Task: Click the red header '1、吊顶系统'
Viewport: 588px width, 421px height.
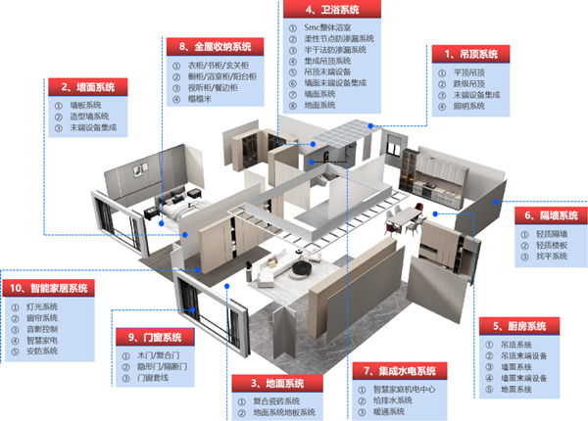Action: tap(472, 54)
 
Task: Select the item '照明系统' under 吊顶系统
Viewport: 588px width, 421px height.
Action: tap(470, 106)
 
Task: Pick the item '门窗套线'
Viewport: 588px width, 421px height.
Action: tap(155, 377)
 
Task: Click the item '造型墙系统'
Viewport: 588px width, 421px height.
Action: tap(86, 116)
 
